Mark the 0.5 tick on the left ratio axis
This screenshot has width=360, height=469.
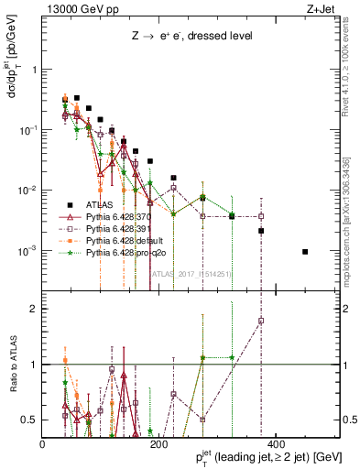31,420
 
